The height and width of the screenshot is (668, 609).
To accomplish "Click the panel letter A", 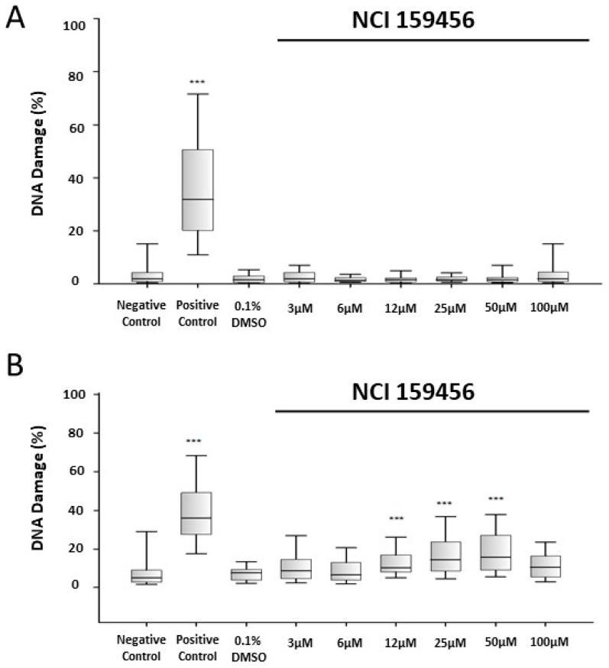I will (16, 18).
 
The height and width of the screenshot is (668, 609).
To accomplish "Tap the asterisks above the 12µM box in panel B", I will (396, 519).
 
